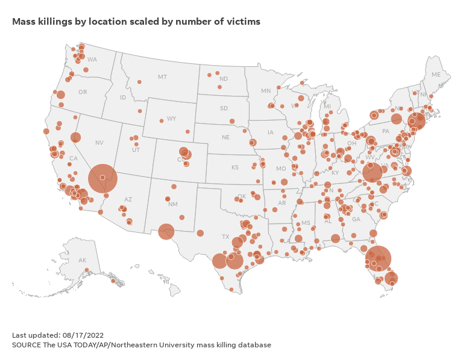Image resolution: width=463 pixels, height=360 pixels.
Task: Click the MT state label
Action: [x=162, y=77]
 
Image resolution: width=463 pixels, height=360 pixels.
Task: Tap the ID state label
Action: [x=123, y=97]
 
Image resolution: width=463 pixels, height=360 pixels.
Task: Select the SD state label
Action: [x=224, y=109]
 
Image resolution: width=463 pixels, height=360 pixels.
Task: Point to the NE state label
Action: [x=225, y=137]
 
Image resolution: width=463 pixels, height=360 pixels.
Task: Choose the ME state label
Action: [x=436, y=75]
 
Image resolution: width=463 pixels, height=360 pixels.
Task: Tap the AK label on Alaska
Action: [x=82, y=260]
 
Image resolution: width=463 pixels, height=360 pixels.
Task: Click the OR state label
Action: [x=83, y=92]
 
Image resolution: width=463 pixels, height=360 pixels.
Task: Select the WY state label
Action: [x=171, y=118]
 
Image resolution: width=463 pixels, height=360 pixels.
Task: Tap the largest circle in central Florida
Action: [x=377, y=259]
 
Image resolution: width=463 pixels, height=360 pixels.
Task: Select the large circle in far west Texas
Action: [x=166, y=231]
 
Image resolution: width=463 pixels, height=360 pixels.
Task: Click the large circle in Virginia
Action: [x=373, y=172]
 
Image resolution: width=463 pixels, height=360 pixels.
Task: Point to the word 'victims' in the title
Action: [x=244, y=22]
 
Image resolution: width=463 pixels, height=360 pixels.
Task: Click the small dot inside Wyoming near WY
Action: [x=162, y=121]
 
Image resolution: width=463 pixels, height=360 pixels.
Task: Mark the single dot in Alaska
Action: [x=87, y=270]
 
